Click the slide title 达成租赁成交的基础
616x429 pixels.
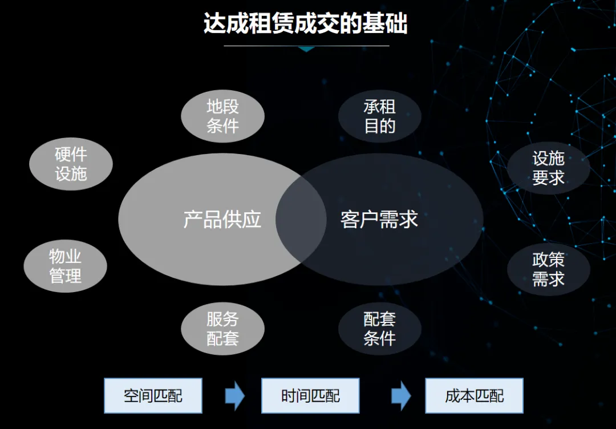pos(306,24)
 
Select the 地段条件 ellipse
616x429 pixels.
pos(222,116)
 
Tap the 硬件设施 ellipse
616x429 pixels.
pos(71,164)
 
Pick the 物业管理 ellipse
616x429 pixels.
pos(65,266)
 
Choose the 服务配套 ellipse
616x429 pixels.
pos(222,328)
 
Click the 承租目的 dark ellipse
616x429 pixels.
pos(379,116)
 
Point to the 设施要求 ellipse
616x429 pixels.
pos(548,168)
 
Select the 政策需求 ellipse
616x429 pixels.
pos(548,269)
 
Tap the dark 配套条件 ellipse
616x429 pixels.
pos(379,328)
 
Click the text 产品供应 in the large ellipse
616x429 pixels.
pos(222,219)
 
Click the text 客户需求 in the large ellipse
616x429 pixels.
pos(379,219)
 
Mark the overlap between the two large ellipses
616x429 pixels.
pos(301,219)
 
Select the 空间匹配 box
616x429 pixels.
pos(153,395)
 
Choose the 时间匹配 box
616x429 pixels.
pos(310,395)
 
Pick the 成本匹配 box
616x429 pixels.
pos(474,395)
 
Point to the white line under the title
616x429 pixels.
pos(306,46)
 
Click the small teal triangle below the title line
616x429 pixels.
pos(307,50)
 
